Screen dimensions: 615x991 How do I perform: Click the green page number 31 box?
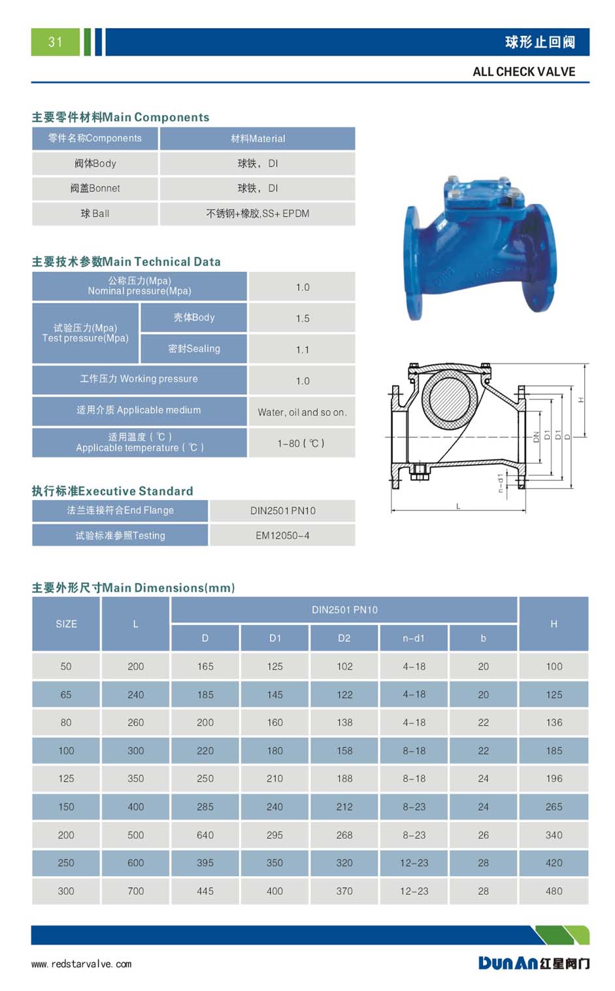(x=56, y=42)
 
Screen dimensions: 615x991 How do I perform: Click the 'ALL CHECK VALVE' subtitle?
(x=524, y=72)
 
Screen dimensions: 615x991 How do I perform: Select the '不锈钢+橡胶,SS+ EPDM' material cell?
(x=258, y=214)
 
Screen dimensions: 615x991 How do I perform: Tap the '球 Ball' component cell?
(x=95, y=214)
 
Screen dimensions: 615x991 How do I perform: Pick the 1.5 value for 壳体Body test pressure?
(x=302, y=318)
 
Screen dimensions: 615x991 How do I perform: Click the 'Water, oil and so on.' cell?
(x=302, y=412)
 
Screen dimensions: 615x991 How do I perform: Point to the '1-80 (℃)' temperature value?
(x=302, y=443)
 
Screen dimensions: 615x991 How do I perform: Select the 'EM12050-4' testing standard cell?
(x=282, y=535)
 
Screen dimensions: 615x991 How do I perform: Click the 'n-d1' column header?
(x=414, y=638)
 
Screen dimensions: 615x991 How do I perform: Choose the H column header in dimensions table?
(x=554, y=624)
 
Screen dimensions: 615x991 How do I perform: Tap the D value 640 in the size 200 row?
(x=205, y=835)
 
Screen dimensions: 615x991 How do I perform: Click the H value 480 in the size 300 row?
(x=554, y=890)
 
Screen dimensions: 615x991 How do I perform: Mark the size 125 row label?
(x=66, y=778)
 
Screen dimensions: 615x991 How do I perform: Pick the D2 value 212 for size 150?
(x=344, y=807)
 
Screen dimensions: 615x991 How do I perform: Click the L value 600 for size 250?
(x=135, y=862)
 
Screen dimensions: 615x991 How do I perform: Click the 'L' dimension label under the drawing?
(x=458, y=506)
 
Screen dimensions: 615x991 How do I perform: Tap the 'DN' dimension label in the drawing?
(x=536, y=437)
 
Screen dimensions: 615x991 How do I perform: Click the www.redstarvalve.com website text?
(x=81, y=964)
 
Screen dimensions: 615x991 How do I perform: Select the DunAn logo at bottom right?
(x=533, y=963)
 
